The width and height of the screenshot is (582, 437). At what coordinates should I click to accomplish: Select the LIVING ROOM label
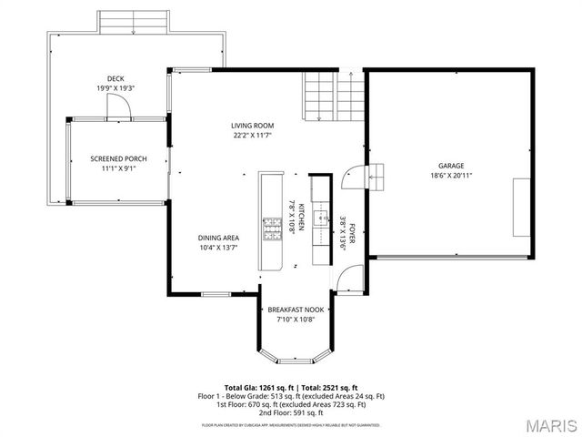tap(252, 126)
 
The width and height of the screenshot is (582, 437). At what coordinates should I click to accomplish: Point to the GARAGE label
tap(452, 166)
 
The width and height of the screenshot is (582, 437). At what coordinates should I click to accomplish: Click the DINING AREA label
tap(218, 238)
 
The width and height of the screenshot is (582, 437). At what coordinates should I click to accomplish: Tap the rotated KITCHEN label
tap(292, 218)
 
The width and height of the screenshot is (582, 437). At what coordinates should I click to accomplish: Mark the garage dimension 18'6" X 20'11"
tap(452, 175)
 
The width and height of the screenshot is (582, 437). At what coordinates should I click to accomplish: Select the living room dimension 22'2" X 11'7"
tap(252, 136)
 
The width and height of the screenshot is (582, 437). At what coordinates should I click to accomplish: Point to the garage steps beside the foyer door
tap(377, 177)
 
